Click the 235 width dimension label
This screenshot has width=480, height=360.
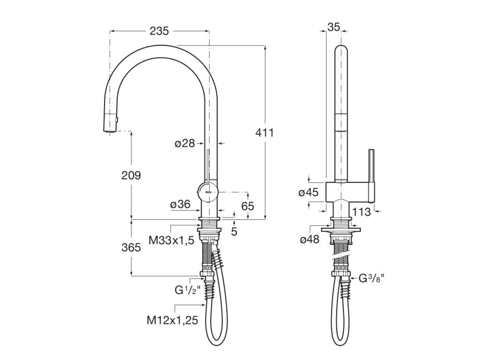tap(159, 31)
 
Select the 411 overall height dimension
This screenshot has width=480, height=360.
tap(264, 133)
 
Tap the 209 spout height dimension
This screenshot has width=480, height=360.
tap(131, 175)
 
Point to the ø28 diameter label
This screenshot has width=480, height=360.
tap(185, 143)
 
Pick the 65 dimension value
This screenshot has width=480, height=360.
tap(247, 206)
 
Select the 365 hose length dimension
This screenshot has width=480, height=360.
tap(131, 247)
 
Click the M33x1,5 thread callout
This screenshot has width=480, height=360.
tap(171, 240)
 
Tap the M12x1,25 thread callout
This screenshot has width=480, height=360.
tap(172, 321)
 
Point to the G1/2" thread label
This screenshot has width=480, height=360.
tap(187, 290)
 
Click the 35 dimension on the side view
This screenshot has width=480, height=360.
tap(333, 27)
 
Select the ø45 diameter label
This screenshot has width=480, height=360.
tap(309, 192)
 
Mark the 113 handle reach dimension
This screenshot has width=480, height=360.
tap(361, 212)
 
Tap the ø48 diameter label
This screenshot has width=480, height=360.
tap(309, 240)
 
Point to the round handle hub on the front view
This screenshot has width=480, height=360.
tap(207, 190)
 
